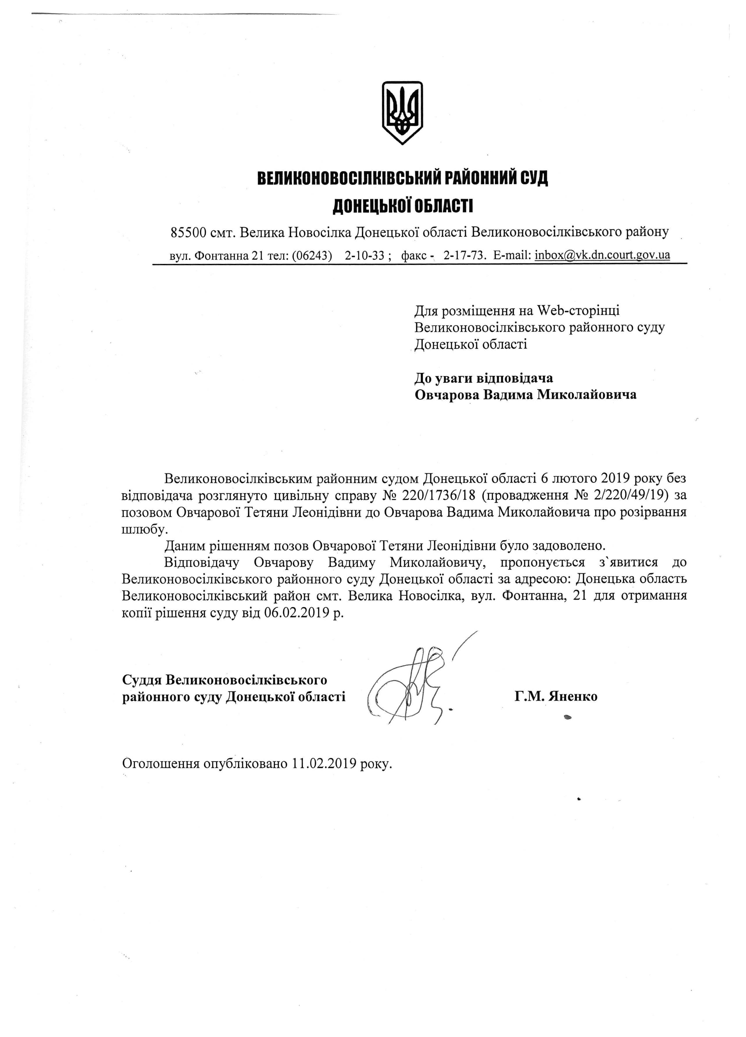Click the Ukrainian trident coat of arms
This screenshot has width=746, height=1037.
(402, 113)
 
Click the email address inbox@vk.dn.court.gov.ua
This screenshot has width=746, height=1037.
(602, 255)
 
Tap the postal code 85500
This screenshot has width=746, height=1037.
(188, 233)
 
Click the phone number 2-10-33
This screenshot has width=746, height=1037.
(364, 255)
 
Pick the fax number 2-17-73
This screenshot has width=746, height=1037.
(463, 255)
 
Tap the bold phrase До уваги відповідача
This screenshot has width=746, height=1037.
(483, 378)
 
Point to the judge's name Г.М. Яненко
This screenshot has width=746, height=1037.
(555, 696)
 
